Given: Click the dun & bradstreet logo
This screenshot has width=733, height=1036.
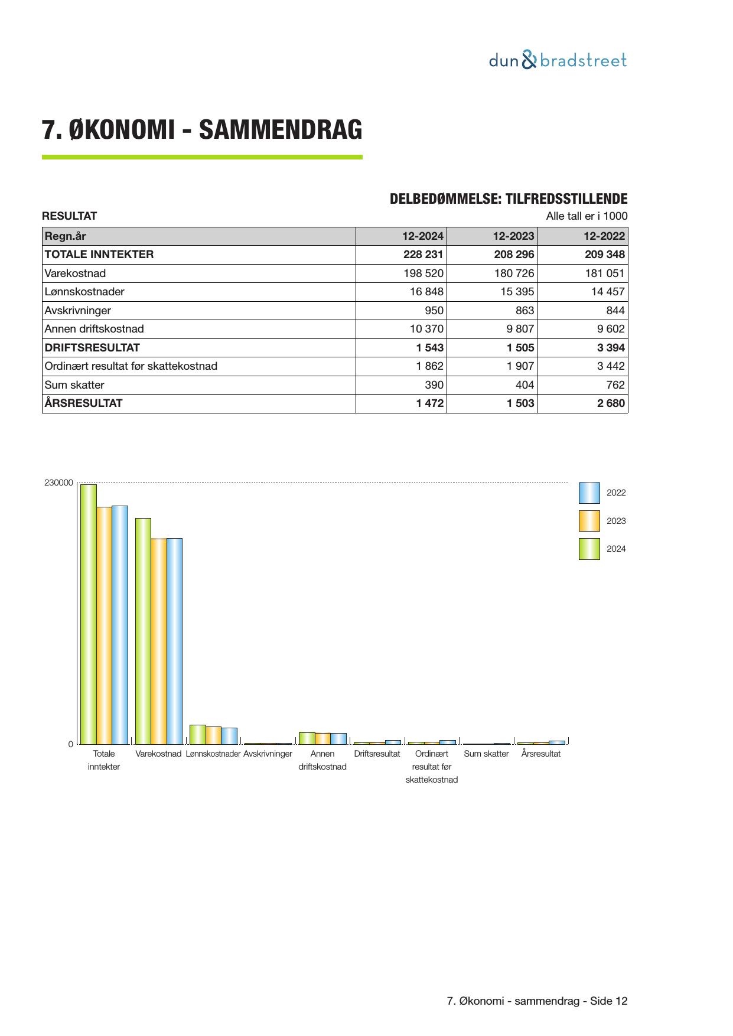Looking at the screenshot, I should [x=558, y=60].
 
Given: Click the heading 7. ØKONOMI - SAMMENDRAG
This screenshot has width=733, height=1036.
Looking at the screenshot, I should [x=202, y=130].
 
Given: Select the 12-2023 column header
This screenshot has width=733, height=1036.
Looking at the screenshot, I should [x=513, y=236].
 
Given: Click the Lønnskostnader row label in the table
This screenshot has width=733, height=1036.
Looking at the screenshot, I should [x=84, y=292].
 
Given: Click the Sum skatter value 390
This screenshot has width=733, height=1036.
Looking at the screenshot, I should [x=434, y=385].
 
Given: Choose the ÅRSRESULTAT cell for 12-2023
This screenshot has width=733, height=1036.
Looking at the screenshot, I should [x=520, y=403].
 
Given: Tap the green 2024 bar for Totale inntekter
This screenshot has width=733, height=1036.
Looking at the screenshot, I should [x=89, y=614].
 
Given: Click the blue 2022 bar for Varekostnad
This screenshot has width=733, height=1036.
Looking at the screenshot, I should [x=174, y=641].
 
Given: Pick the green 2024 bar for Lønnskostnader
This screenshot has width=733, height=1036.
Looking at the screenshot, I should [x=198, y=734].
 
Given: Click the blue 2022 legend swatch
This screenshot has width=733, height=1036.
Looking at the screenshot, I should [x=589, y=493].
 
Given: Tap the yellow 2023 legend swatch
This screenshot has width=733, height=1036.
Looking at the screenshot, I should [x=589, y=521].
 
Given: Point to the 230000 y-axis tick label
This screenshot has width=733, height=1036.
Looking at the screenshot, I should [x=58, y=483].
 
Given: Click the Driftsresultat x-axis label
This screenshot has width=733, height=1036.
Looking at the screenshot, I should [x=377, y=754].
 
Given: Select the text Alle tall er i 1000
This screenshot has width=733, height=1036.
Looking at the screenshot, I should [x=587, y=216].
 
